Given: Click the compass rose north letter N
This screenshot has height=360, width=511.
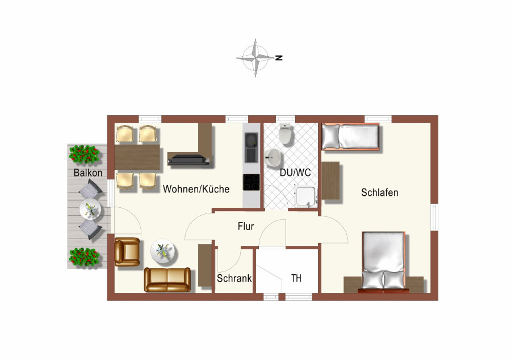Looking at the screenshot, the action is [x=279, y=58].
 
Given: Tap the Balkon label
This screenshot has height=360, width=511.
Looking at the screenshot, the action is [x=88, y=173].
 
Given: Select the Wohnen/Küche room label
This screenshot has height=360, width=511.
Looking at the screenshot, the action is [x=196, y=189].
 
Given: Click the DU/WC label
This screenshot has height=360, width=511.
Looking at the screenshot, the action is [x=295, y=173].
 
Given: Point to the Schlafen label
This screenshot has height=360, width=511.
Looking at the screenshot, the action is [x=380, y=192].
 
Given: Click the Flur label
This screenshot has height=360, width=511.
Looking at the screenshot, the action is [x=246, y=226].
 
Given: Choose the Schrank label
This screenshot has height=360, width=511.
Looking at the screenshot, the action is [x=234, y=278].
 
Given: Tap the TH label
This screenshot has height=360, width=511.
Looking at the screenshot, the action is [x=296, y=278].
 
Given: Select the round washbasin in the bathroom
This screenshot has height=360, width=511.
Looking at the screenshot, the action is [x=273, y=158].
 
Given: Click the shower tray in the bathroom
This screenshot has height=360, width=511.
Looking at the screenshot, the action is [x=305, y=196].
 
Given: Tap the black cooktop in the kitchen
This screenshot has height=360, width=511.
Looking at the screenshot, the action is [x=252, y=182].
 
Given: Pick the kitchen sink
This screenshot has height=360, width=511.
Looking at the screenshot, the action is [x=252, y=148].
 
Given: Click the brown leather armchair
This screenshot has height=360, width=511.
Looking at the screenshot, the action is [x=127, y=252].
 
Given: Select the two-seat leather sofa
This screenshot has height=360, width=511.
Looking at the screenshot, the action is [x=167, y=279].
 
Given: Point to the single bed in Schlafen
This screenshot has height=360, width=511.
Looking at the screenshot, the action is [x=350, y=136].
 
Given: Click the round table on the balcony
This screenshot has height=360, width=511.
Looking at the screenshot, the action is [x=90, y=209].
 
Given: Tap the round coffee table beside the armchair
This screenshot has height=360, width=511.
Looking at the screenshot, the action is [x=162, y=251].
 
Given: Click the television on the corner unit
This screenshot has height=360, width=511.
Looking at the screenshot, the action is [x=189, y=160].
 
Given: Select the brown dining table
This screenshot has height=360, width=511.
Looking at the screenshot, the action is [x=137, y=157].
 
